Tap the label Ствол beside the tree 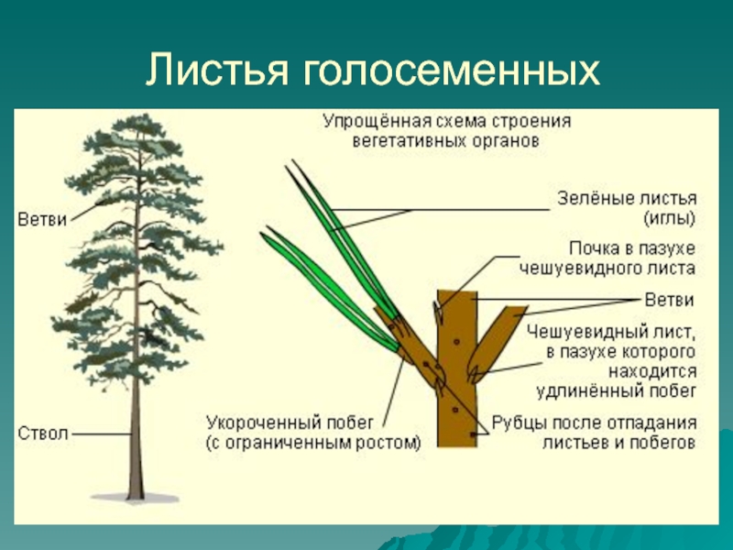coord(43,432)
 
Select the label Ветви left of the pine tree coord(42,220)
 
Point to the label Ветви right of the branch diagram coord(669,300)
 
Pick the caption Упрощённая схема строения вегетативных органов coord(446,131)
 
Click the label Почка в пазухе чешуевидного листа coord(607,258)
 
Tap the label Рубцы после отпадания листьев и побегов coord(595,433)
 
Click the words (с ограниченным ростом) coord(312,443)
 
